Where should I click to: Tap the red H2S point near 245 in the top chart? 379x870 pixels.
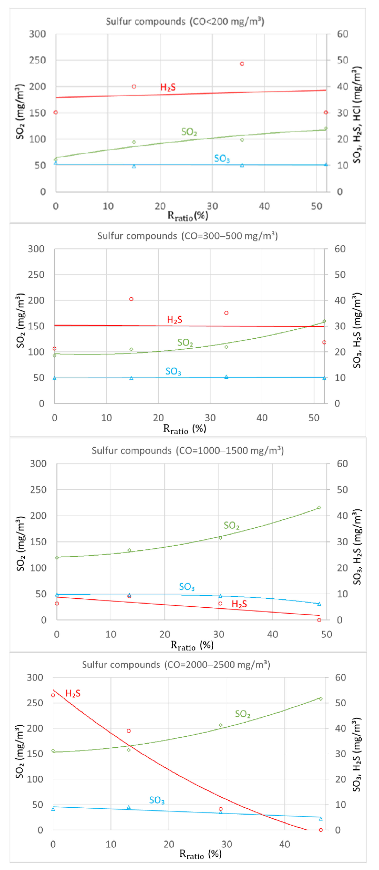pyautogui.click(x=242, y=64)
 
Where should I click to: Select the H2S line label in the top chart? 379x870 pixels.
pyautogui.click(x=168, y=88)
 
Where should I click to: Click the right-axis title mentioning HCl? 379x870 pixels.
pyautogui.click(x=357, y=115)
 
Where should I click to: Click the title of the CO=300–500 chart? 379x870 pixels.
pyautogui.click(x=187, y=236)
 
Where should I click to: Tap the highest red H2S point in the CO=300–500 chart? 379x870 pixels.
pyautogui.click(x=131, y=299)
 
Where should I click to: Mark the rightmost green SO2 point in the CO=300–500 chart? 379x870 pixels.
pyautogui.click(x=324, y=321)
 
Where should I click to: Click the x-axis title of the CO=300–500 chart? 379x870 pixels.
pyautogui.click(x=185, y=429)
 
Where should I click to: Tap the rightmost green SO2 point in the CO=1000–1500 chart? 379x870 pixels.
pyautogui.click(x=319, y=508)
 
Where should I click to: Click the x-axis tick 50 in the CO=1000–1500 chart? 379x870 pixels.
pyautogui.click(x=326, y=634)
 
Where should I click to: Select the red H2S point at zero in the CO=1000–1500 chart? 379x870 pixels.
pyautogui.click(x=319, y=620)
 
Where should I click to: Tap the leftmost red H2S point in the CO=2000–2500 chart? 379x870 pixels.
pyautogui.click(x=53, y=695)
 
